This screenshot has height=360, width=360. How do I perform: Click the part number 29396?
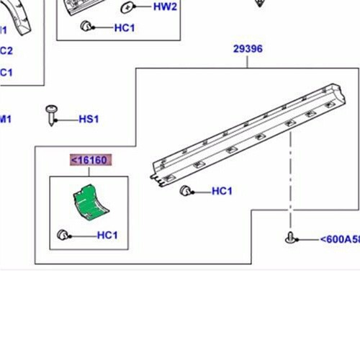tap(248, 50)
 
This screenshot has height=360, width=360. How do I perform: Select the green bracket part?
tap(91, 201)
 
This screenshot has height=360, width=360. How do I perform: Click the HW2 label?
tap(166, 6)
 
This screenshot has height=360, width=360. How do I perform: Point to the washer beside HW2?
tap(128, 8)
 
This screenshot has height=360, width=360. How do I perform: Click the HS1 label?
tap(89, 119)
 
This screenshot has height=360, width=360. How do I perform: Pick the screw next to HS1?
tap(52, 113)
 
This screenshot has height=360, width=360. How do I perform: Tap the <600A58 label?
tap(338, 240)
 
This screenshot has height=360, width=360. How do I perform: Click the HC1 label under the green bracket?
tap(107, 235)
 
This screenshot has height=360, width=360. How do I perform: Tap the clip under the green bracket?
tap(63, 234)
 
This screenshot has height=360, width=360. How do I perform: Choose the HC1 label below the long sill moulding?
tap(222, 192)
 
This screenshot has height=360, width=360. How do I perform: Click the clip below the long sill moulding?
tap(185, 191)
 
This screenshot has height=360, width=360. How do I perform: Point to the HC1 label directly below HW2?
tap(125, 28)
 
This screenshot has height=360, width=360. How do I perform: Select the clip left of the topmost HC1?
tap(86, 27)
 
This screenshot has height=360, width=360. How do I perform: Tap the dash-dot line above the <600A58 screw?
tap(290, 180)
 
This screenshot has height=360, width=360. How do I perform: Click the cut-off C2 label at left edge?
tap(5, 50)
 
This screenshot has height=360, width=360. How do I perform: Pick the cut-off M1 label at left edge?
tap(5, 119)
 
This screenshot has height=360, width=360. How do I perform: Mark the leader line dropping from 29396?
tap(248, 62)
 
